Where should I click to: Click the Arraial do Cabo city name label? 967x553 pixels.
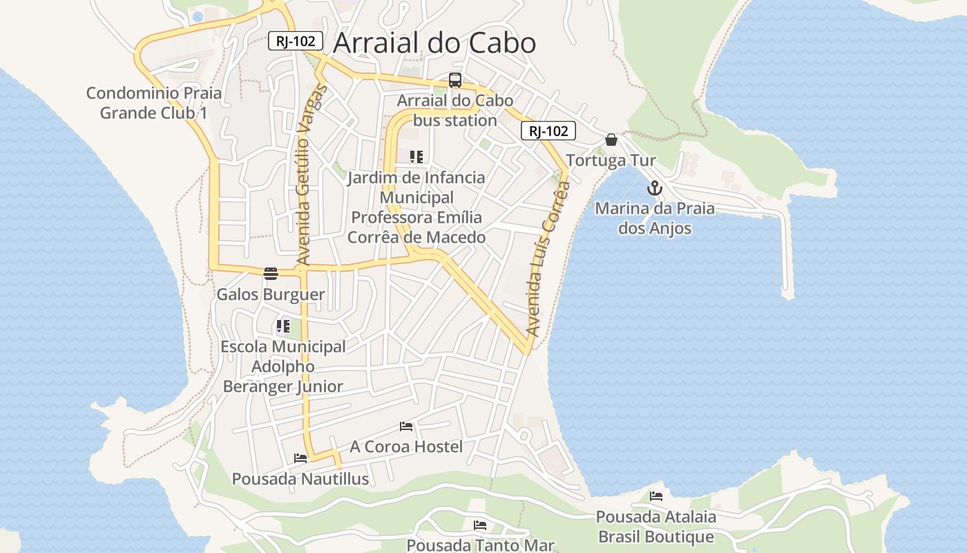[x=434, y=43]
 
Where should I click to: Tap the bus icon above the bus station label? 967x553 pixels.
[x=454, y=80]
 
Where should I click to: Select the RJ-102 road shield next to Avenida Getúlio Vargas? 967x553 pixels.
[x=296, y=41]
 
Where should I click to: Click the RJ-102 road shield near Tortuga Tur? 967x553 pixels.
[x=548, y=131]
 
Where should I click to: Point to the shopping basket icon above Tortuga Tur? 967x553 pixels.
[x=611, y=140]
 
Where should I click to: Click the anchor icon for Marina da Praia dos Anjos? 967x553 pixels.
[x=654, y=188]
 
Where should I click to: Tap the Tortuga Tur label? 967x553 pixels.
[x=611, y=160]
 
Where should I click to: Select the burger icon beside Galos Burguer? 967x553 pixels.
[x=270, y=273]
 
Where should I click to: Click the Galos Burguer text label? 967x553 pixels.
[x=271, y=294]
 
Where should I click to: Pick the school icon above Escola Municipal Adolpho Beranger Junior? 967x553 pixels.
[x=283, y=326]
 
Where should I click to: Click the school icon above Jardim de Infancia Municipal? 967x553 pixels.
[x=416, y=157]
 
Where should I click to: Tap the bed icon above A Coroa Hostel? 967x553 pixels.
[x=406, y=427]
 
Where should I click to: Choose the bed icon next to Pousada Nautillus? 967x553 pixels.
[x=300, y=458]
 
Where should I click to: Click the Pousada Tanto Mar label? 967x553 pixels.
[x=480, y=545]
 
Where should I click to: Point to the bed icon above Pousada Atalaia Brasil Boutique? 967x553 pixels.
[x=655, y=496]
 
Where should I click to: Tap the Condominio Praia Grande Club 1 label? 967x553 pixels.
[x=154, y=103]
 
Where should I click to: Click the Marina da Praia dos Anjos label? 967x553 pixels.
[x=655, y=218]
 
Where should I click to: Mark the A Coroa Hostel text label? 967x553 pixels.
[x=406, y=447]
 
